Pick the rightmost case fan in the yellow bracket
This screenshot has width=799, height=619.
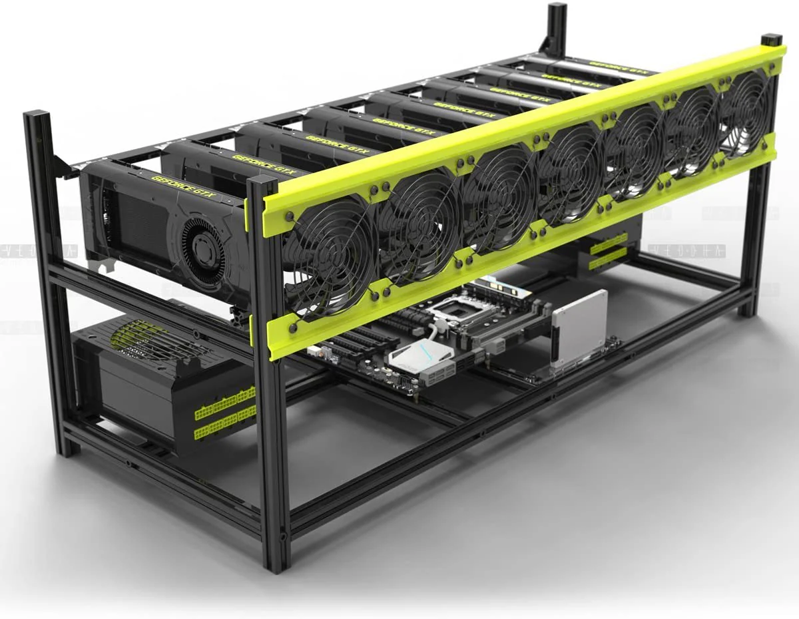(746, 112)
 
